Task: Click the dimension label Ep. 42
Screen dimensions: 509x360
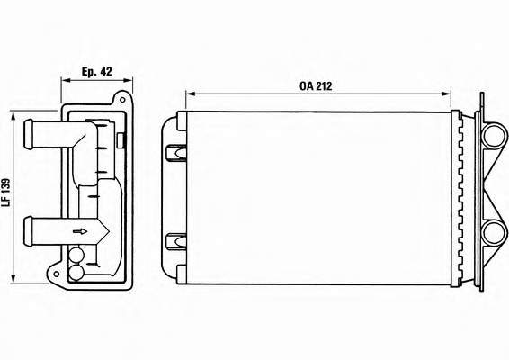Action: click(x=97, y=71)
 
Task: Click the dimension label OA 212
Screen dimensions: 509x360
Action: click(x=316, y=86)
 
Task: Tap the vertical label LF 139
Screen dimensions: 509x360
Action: click(x=5, y=193)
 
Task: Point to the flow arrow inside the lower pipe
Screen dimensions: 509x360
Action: click(x=80, y=231)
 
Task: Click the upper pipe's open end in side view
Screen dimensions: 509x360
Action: click(x=28, y=134)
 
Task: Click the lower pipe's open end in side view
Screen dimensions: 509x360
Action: click(x=28, y=231)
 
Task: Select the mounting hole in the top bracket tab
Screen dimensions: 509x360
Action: click(x=122, y=100)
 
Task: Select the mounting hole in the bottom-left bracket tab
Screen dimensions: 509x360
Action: click(x=56, y=274)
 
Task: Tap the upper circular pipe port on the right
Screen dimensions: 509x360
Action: click(x=494, y=136)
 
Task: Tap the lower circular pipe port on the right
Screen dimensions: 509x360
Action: click(x=494, y=233)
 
